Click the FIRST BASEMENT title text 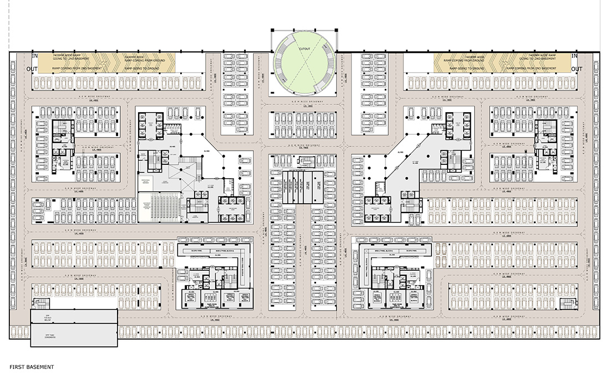coord(32,367)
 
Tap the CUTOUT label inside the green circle coord(304,49)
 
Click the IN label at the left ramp coord(34,56)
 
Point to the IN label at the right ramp coord(575,56)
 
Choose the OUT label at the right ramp coord(577,69)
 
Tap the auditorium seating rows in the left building coord(157,207)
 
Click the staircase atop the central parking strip coord(305,162)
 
